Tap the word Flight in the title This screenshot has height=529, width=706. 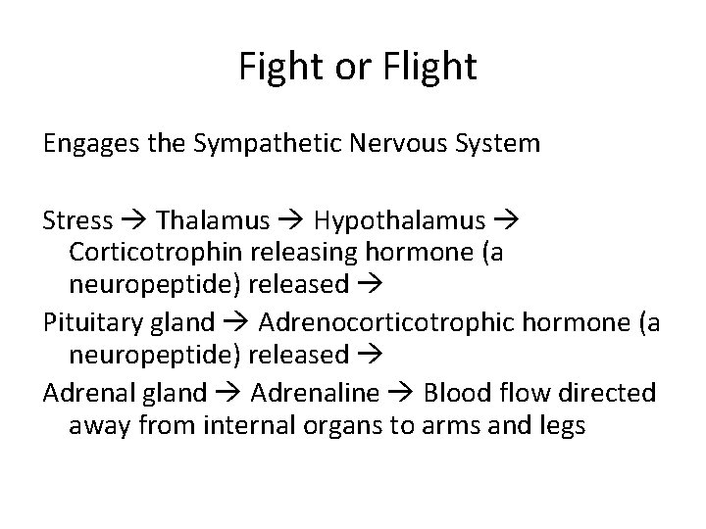427,68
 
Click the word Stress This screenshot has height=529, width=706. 77,216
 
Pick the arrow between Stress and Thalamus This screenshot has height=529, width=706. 133,217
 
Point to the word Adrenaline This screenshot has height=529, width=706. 314,393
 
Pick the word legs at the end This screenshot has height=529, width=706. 562,427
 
